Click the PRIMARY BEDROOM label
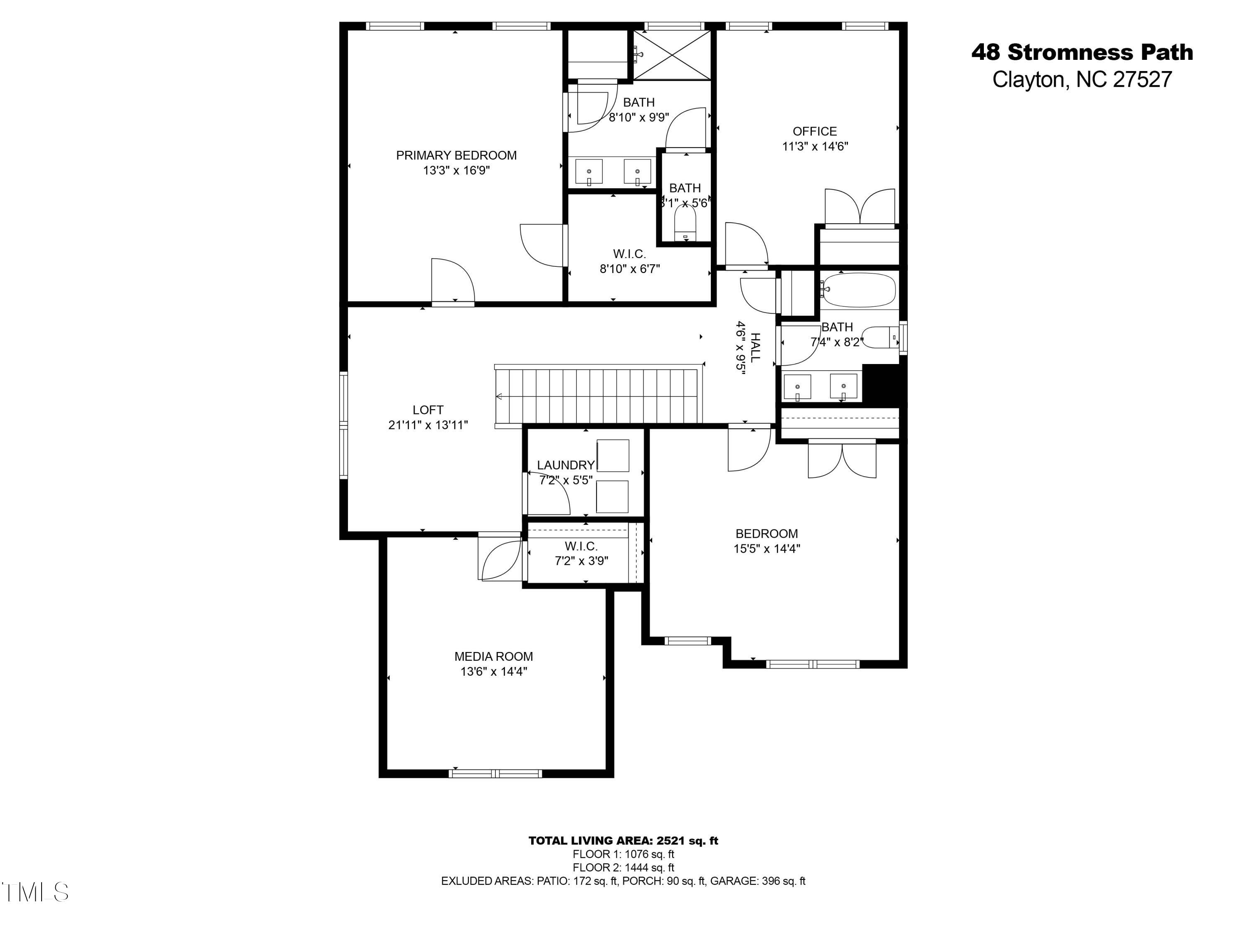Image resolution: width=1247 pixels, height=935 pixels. click(456, 155)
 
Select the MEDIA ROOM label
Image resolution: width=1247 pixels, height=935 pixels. click(493, 657)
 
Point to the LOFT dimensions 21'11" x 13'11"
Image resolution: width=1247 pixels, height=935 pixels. click(428, 426)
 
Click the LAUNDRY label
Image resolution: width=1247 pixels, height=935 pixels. click(565, 465)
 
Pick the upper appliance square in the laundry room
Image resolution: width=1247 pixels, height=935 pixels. click(613, 456)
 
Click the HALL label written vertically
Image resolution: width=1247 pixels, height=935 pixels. click(755, 347)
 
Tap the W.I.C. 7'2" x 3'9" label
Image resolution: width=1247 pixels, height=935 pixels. click(581, 554)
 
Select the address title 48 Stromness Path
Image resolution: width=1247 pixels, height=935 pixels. click(1082, 52)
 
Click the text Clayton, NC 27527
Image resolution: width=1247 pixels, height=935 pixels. click(1082, 79)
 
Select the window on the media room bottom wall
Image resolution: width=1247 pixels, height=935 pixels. click(495, 773)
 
